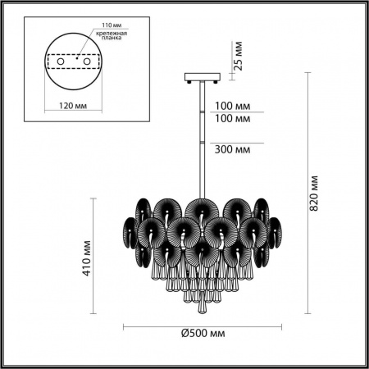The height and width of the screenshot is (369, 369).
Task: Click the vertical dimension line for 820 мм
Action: (307, 194)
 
